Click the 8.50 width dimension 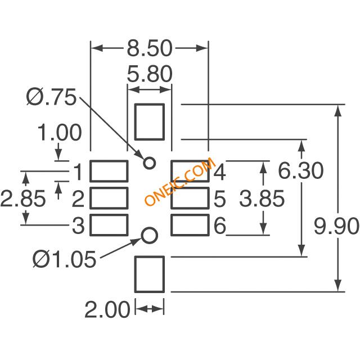click(149, 49)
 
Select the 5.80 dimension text click(149, 75)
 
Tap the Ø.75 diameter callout click(51, 98)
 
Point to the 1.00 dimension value click(60, 133)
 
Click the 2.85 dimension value click(23, 199)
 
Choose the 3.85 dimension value click(262, 199)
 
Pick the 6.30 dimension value click(301, 170)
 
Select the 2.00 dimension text click(107, 309)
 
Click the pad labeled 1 click(109, 170)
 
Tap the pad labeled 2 click(109, 198)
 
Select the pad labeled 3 click(109, 225)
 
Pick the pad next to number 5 click(190, 198)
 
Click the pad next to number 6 click(190, 225)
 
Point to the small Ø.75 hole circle click(149, 163)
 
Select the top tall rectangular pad click(149, 120)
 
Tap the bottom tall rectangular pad click(149, 274)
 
